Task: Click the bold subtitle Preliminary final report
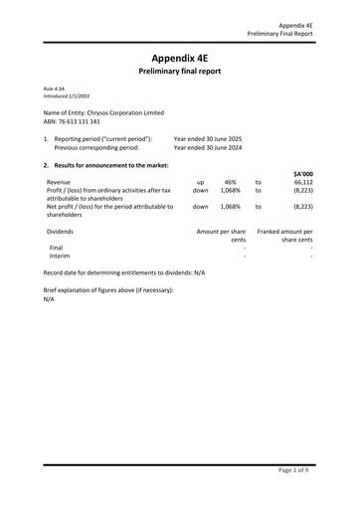[x=179, y=72]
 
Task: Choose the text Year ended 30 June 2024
[x=208, y=147]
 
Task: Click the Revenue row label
[x=60, y=182]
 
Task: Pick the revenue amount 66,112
[x=303, y=182]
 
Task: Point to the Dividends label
[x=61, y=231]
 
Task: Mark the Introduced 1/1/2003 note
[x=65, y=95]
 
